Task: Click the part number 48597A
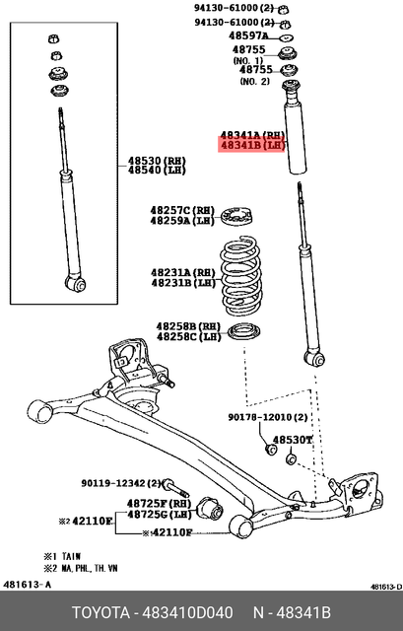click(246, 35)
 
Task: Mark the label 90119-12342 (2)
click(121, 483)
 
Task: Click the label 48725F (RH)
click(158, 503)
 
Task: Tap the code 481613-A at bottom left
click(27, 589)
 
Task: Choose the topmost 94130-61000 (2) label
click(234, 8)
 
